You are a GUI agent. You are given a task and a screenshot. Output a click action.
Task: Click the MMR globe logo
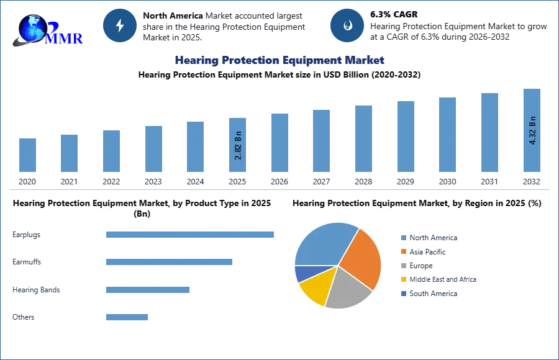coord(47,29)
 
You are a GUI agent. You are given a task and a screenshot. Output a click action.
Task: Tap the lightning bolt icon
coord(120,25)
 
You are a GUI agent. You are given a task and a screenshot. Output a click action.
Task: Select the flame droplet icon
coord(347,25)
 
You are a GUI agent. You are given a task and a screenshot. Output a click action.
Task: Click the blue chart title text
coord(280,60)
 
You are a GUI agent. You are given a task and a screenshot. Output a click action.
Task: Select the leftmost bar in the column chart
coord(27,155)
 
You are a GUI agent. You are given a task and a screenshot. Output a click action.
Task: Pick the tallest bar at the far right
coord(532,130)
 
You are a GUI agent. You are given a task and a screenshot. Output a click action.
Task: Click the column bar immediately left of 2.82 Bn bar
coord(194,147)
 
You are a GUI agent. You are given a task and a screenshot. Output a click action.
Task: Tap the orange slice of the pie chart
coord(362,258)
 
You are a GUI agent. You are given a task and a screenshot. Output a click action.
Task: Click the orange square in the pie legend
coord(402,252)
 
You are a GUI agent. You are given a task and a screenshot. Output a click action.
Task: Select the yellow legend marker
coord(402,279)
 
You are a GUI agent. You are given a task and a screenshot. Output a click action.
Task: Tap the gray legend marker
coord(402,266)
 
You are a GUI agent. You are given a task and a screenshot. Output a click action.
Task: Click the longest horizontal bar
coord(191,234)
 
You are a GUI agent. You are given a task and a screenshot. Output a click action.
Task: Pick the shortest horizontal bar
coord(127,318)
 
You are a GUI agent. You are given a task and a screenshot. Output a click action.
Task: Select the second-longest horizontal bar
coord(169,263)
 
